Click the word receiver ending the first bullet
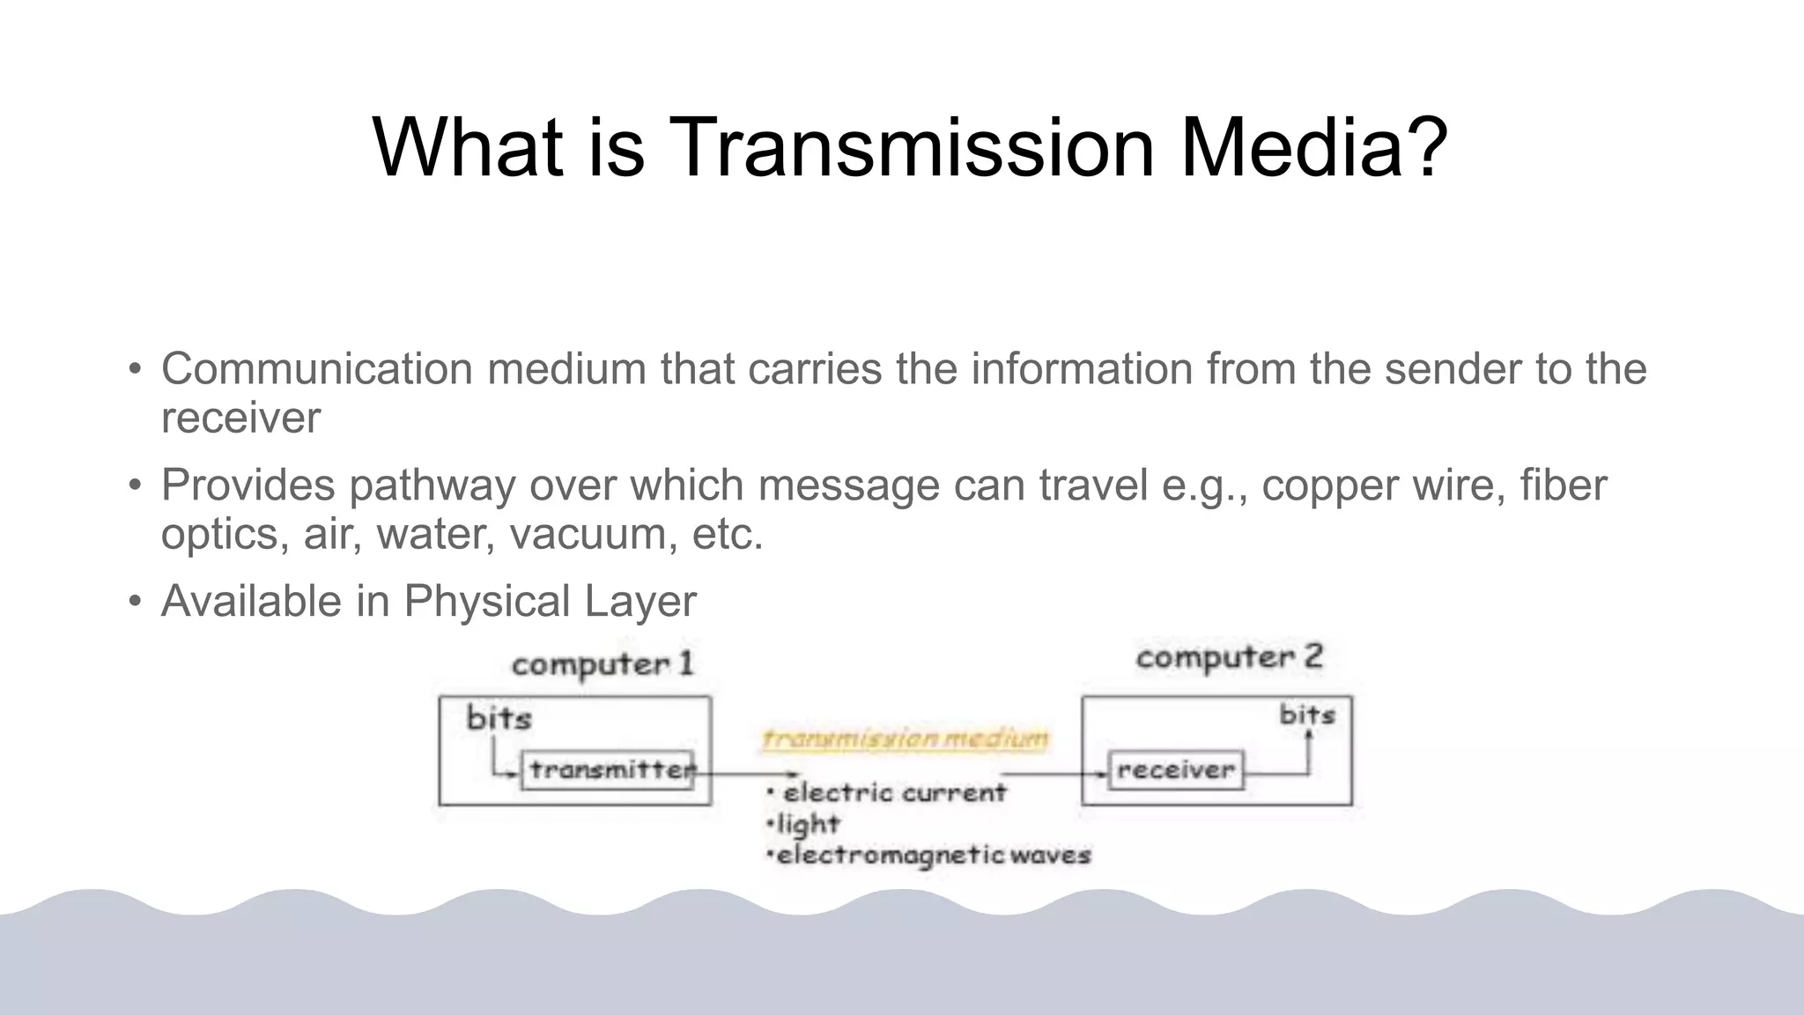240,418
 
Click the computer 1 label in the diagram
603,663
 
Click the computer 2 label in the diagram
1230,657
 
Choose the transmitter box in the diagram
608,770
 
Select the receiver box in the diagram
1176,770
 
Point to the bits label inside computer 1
499,717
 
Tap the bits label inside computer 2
1307,715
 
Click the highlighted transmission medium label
906,737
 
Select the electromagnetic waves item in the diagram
933,855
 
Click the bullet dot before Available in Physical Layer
135,602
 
